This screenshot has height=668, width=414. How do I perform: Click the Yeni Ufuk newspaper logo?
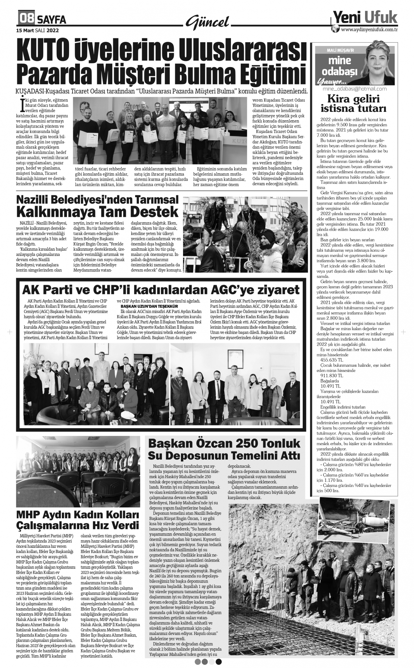click(364, 17)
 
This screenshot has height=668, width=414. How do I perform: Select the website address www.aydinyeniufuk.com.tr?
click(369, 30)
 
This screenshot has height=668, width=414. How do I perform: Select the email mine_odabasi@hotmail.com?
click(355, 89)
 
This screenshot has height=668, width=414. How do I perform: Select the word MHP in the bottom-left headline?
click(30, 515)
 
